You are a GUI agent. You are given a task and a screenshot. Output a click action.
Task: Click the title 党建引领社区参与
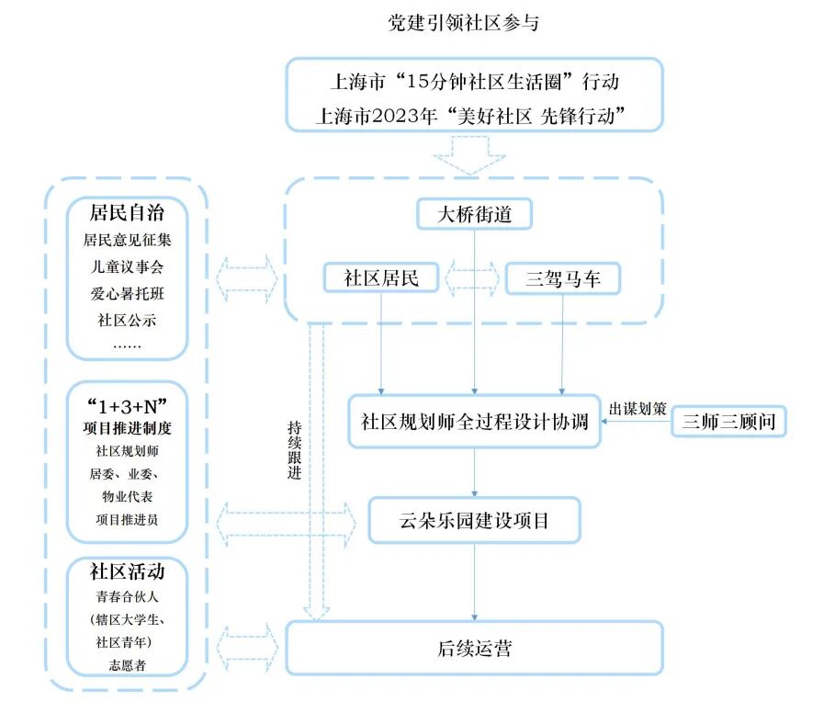point(463,23)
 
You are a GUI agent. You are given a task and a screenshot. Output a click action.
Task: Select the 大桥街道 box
point(474,214)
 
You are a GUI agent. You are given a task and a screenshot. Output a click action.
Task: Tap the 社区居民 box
point(380,277)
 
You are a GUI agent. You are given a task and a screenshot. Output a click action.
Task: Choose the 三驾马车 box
point(563,278)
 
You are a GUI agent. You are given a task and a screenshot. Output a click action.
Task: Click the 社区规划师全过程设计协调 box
point(474,422)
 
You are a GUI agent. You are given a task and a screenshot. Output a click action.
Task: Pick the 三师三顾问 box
point(728,422)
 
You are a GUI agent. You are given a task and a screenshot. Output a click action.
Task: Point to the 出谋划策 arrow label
point(638,409)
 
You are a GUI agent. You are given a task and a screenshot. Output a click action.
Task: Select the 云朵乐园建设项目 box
point(474,520)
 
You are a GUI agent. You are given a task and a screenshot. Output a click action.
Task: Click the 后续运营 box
point(474,649)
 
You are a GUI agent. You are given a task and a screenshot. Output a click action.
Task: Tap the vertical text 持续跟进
point(295,450)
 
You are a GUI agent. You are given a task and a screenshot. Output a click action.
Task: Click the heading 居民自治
point(127,212)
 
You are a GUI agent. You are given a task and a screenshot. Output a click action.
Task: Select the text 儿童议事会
point(127,266)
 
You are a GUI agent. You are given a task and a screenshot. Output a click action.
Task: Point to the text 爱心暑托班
point(127,293)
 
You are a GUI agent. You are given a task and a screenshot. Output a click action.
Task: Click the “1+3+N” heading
point(127,406)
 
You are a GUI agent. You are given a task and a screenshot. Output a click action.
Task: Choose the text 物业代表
point(127,496)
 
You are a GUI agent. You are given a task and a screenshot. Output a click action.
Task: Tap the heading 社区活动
point(127,571)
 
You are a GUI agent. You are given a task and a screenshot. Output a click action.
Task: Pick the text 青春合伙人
point(127,596)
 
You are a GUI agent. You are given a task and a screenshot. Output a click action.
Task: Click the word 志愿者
point(127,665)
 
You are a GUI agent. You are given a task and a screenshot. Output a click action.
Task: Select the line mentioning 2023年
point(470,116)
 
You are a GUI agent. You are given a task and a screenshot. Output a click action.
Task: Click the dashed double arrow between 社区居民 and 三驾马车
point(472,277)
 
